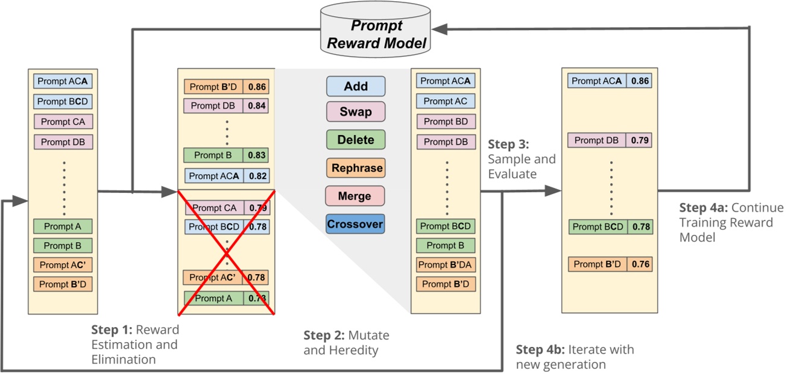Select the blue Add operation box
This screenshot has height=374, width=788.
[x=356, y=86]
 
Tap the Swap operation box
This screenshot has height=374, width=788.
[x=356, y=112]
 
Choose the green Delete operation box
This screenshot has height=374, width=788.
[x=356, y=140]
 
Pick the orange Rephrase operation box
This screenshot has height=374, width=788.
[x=356, y=168]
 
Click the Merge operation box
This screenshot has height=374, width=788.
[x=356, y=196]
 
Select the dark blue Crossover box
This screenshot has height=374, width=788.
[x=356, y=224]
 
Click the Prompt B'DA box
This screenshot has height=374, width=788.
[x=446, y=264]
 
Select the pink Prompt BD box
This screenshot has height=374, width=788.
[x=446, y=122]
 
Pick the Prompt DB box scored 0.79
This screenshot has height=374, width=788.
[x=596, y=140]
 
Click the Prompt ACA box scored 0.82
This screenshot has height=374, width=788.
[x=215, y=176]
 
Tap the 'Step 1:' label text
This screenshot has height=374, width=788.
[x=112, y=329]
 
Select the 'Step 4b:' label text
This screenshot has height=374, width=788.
[x=540, y=349]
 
